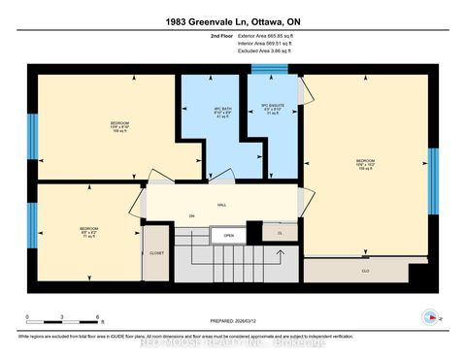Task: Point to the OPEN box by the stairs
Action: tap(228, 235)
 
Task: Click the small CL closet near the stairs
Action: tap(280, 234)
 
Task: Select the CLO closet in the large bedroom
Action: tap(365, 271)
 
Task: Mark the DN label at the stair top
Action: tap(192, 216)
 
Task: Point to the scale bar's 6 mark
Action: tap(97, 317)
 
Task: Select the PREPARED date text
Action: tap(233, 323)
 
